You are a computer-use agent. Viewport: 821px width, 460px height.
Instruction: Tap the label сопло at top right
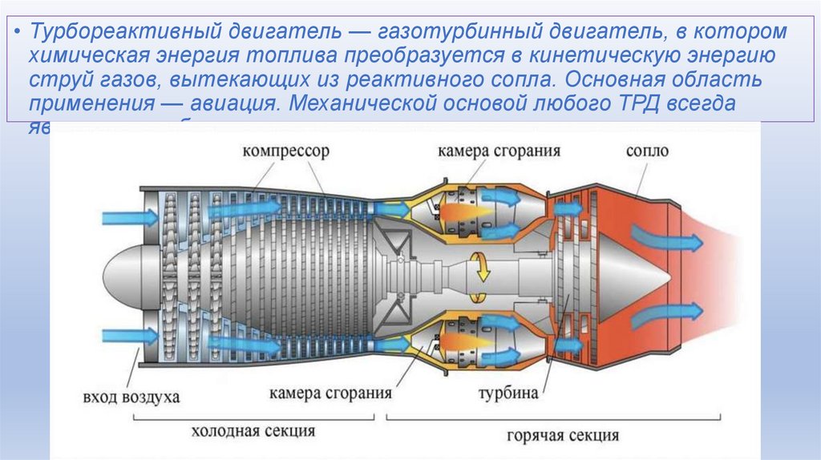coord(647,151)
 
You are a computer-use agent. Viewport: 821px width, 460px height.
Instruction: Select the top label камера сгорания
coord(499,151)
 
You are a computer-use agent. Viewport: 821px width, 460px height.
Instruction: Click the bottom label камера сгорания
coord(330,393)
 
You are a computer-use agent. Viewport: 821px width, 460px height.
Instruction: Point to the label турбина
coord(508,394)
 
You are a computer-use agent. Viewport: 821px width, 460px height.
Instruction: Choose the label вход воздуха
coord(131,397)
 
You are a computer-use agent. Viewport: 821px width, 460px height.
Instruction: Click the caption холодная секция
coord(253,431)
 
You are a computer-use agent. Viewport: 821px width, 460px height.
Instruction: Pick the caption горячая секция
coord(563,435)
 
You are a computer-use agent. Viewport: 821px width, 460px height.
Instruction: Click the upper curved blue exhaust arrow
coord(663,237)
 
